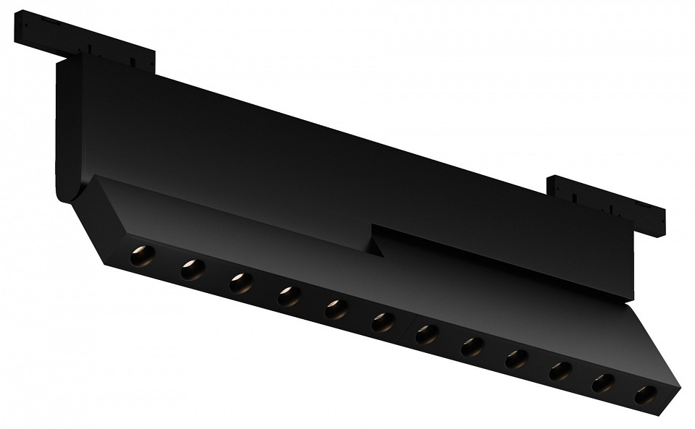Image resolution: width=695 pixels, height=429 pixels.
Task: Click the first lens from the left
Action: coord(142,256)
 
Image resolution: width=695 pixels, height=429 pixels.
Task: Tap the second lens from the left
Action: coord(193,270)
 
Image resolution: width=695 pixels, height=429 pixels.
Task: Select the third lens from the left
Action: coord(241,283)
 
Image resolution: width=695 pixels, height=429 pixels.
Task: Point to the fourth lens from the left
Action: coord(288,296)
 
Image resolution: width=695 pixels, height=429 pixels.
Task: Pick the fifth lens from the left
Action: coord(335,309)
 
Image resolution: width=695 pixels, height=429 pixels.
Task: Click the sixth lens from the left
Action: coord(382,322)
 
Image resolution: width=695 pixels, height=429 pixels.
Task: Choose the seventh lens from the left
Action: coord(427,334)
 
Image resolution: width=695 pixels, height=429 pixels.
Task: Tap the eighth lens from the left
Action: coord(472,347)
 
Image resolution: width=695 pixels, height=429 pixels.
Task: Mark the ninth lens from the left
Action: coord(516,359)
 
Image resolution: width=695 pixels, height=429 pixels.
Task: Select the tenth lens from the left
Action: coord(560,371)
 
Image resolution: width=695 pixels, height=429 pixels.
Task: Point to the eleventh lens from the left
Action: coord(604,383)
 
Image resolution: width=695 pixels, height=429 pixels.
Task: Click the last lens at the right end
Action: coord(646,395)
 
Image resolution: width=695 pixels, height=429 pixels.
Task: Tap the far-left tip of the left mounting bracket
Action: coord(16,25)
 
